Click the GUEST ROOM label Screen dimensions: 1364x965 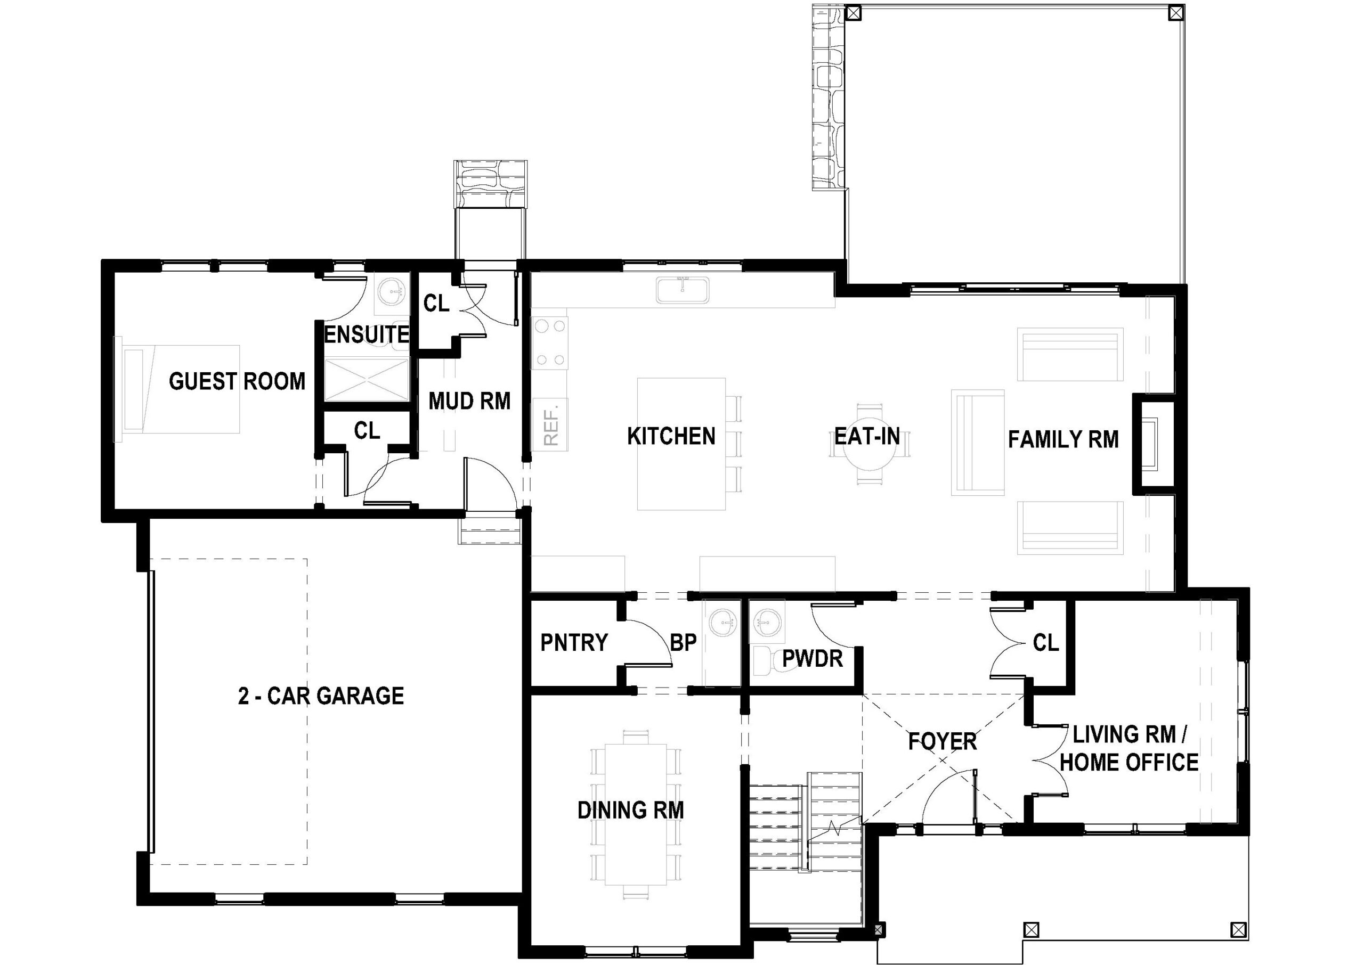click(x=237, y=381)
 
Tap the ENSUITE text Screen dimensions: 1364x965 click(x=367, y=334)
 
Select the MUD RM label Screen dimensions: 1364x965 click(x=469, y=401)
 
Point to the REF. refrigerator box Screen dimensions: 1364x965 click(x=551, y=424)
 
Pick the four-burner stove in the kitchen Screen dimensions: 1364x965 click(x=550, y=342)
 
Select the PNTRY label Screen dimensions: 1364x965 click(x=574, y=642)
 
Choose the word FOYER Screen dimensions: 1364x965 click(x=942, y=741)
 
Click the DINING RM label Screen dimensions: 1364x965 click(x=631, y=810)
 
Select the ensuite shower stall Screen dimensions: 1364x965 click(x=367, y=378)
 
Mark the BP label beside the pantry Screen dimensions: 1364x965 click(x=683, y=642)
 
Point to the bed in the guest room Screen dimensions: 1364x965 click(x=178, y=389)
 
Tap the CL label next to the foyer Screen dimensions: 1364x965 click(x=1046, y=642)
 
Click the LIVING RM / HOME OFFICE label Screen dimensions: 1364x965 click(x=1128, y=748)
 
